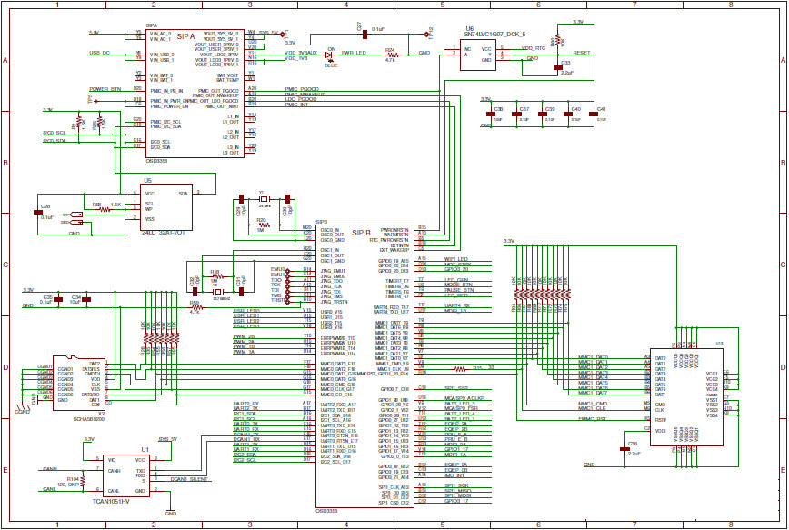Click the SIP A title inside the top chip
186,36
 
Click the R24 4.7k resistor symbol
390,55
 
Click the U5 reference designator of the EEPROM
147,180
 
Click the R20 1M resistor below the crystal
262,224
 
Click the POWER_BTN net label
105,90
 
